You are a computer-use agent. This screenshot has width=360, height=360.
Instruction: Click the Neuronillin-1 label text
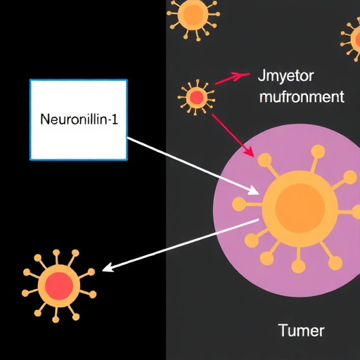click(79, 120)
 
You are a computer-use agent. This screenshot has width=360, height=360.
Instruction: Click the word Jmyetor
click(285, 77)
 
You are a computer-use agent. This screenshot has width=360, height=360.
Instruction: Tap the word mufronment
click(302, 96)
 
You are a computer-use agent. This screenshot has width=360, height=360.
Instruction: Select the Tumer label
click(302, 330)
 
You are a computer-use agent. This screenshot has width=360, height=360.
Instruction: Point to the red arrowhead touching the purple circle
click(249, 152)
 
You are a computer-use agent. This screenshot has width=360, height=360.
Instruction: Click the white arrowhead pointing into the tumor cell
click(254, 191)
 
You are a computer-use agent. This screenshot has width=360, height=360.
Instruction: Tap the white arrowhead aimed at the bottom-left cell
click(108, 268)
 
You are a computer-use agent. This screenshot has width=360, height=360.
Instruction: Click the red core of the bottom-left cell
click(59, 286)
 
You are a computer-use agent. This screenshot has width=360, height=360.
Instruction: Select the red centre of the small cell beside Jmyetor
click(197, 98)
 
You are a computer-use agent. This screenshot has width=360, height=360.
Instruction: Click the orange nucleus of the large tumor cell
click(300, 208)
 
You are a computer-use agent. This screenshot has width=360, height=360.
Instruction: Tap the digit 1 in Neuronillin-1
click(115, 120)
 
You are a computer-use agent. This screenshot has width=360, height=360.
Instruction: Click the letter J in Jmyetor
click(261, 75)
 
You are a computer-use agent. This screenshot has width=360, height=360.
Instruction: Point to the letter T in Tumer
click(283, 330)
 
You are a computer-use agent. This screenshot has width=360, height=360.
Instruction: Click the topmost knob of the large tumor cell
click(318, 151)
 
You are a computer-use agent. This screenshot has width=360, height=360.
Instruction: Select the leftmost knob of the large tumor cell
click(238, 204)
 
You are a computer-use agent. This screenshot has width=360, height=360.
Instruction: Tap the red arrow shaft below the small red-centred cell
click(233, 136)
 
